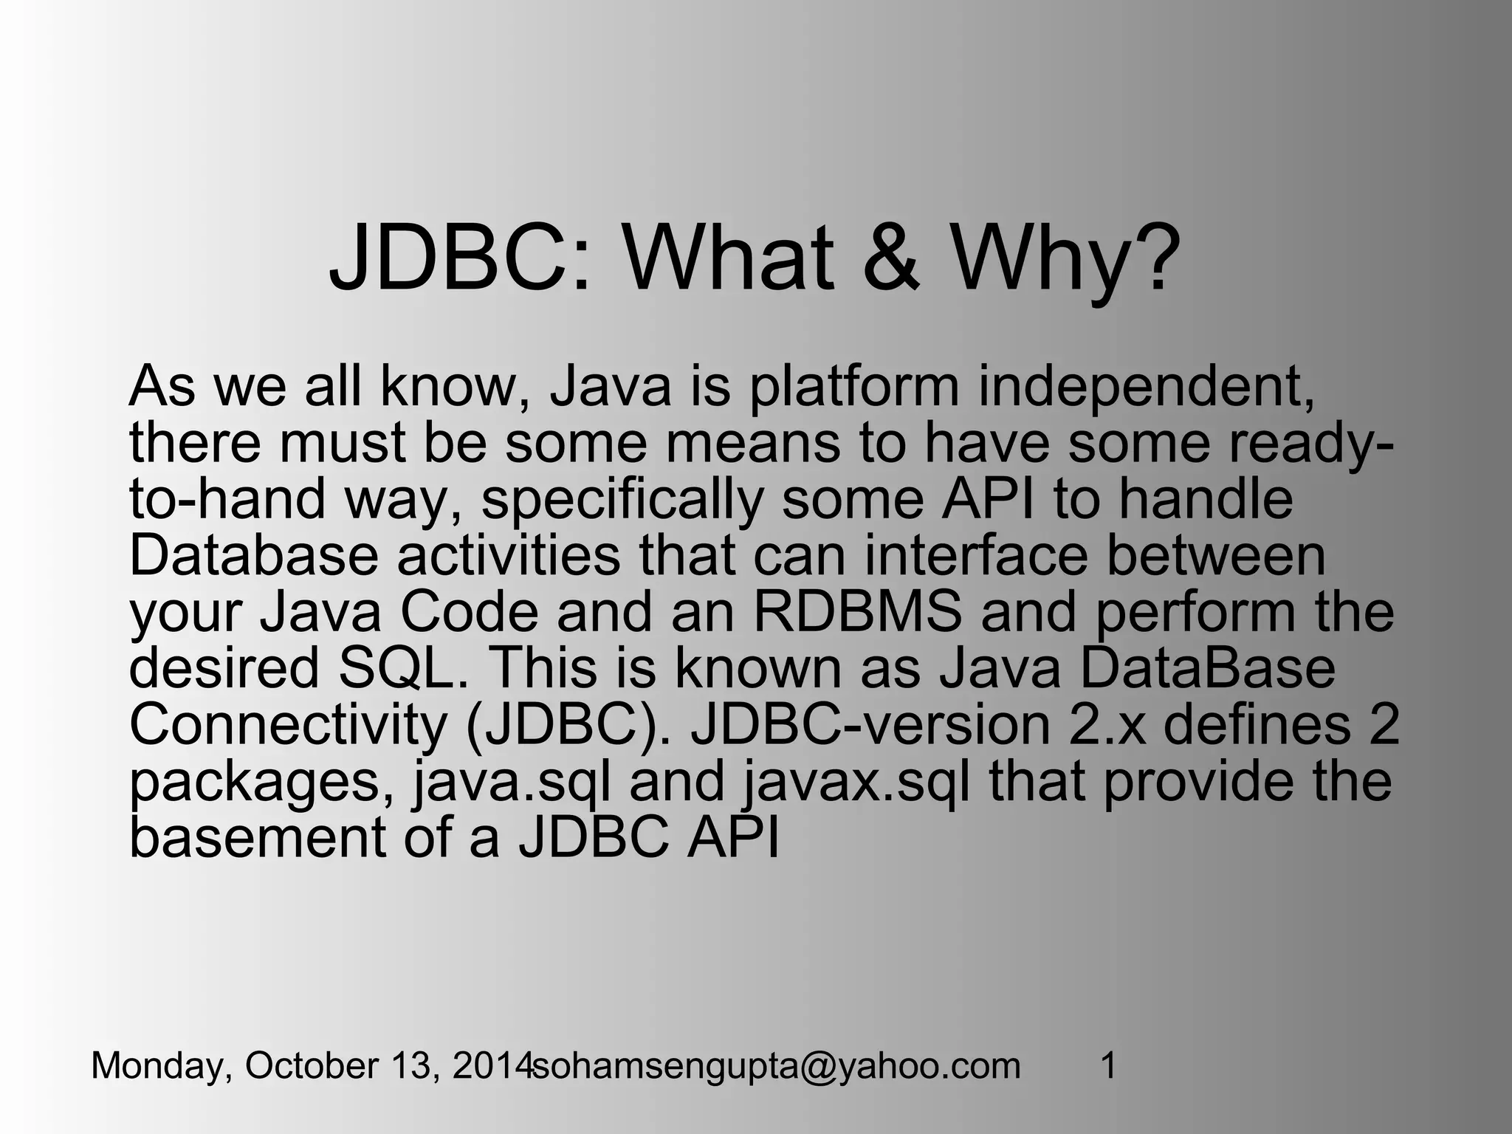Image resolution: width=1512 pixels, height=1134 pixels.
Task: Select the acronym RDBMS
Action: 857,612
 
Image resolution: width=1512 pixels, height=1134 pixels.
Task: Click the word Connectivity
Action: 288,725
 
